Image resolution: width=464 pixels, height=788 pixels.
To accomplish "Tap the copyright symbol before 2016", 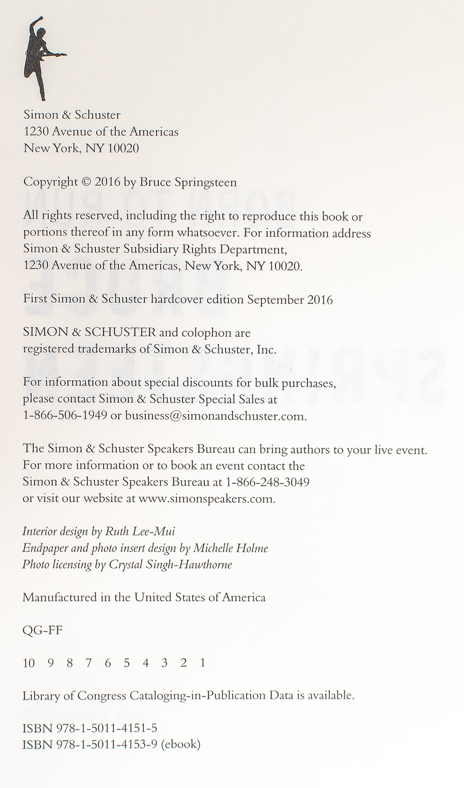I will (x=86, y=182).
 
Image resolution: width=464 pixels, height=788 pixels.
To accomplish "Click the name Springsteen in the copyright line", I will (x=206, y=183).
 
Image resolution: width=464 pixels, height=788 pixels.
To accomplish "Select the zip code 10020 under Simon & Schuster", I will (x=123, y=149).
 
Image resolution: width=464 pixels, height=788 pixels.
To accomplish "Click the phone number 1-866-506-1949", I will (x=65, y=416).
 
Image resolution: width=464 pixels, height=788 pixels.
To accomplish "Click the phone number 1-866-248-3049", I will (x=267, y=482).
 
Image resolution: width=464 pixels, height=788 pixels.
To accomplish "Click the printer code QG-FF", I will (x=42, y=630).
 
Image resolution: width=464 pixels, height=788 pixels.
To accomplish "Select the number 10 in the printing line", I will (x=29, y=663).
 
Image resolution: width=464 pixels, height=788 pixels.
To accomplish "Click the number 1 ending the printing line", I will (x=202, y=663).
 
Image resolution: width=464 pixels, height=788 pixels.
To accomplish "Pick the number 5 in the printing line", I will (x=126, y=663).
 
